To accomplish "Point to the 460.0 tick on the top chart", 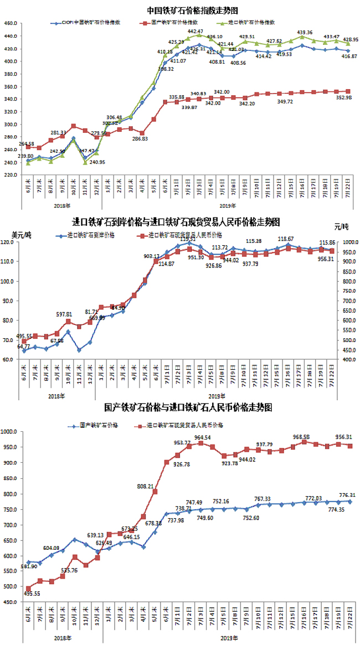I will point(12,23).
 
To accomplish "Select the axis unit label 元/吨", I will point(342,227).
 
